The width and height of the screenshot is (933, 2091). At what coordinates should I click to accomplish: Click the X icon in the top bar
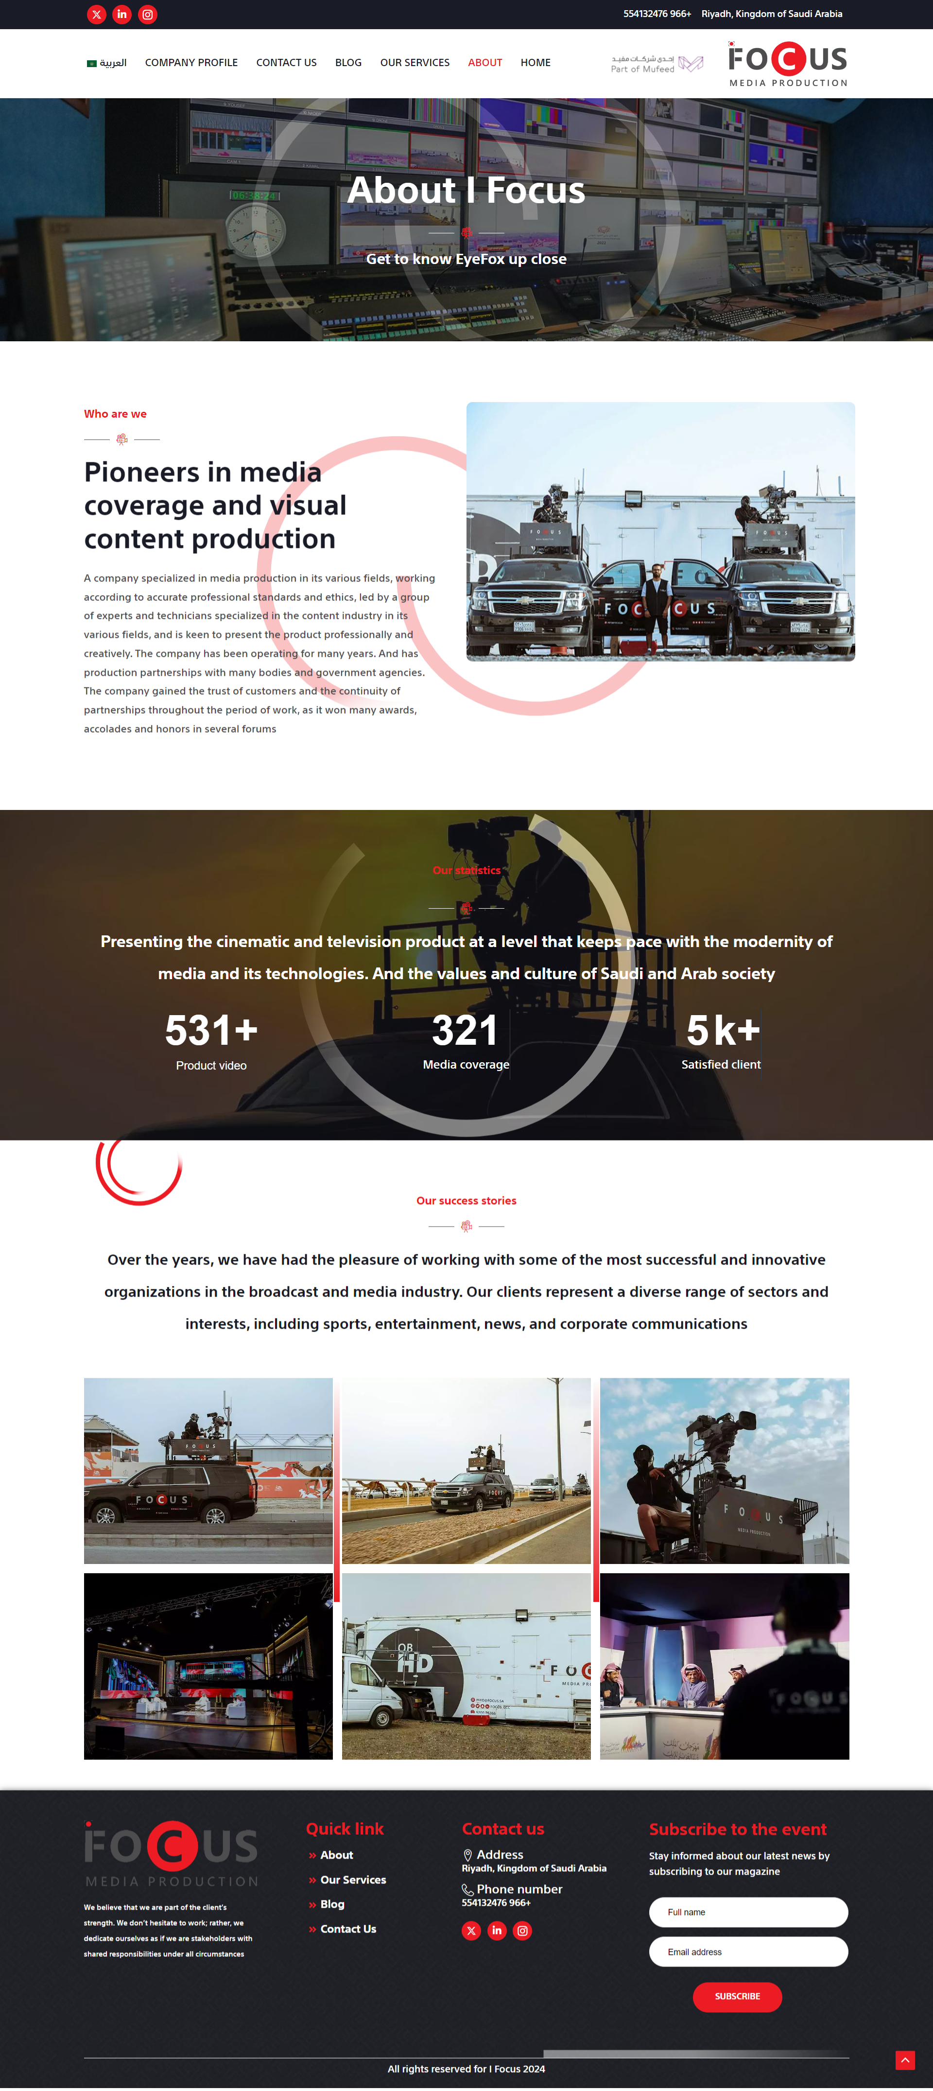pyautogui.click(x=97, y=15)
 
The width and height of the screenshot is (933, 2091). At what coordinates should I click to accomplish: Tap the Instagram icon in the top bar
pyautogui.click(x=148, y=15)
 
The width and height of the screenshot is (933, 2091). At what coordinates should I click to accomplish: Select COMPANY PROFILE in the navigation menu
pyautogui.click(x=191, y=63)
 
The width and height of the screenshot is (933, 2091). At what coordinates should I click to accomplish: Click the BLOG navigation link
pyautogui.click(x=348, y=63)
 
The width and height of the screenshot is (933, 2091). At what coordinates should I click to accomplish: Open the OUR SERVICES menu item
pyautogui.click(x=415, y=63)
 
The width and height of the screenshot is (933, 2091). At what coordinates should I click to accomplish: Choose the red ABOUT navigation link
pyautogui.click(x=484, y=63)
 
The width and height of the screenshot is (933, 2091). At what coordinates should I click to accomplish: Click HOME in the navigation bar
pyautogui.click(x=536, y=63)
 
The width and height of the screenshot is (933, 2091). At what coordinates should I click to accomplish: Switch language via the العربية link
pyautogui.click(x=107, y=63)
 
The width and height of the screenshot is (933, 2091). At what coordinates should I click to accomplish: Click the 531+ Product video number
pyautogui.click(x=211, y=1030)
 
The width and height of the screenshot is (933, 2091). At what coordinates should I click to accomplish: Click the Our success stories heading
pyautogui.click(x=466, y=1200)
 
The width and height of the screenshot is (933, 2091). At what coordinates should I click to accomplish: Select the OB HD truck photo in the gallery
pyautogui.click(x=466, y=1667)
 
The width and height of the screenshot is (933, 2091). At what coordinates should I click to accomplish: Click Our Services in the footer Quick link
pyautogui.click(x=353, y=1880)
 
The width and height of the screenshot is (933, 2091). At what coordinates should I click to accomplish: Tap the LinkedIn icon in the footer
pyautogui.click(x=497, y=1931)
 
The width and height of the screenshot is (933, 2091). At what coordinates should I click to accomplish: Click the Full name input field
pyautogui.click(x=748, y=1913)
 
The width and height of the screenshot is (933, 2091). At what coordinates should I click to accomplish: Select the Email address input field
pyautogui.click(x=748, y=1952)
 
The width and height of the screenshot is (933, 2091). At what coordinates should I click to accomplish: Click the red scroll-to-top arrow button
pyautogui.click(x=905, y=2060)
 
